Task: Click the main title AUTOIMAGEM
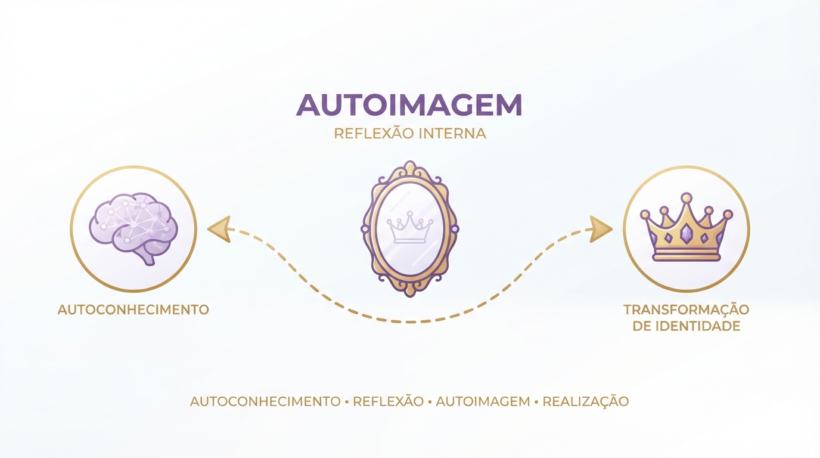409,105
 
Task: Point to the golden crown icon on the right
687,227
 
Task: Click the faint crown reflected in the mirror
410,227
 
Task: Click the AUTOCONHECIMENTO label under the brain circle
133,310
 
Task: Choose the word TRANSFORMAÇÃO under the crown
687,310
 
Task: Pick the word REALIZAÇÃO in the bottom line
586,401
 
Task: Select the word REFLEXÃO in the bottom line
389,401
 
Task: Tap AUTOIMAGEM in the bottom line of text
483,401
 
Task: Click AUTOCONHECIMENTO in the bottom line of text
265,401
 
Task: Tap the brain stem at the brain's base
148,258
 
